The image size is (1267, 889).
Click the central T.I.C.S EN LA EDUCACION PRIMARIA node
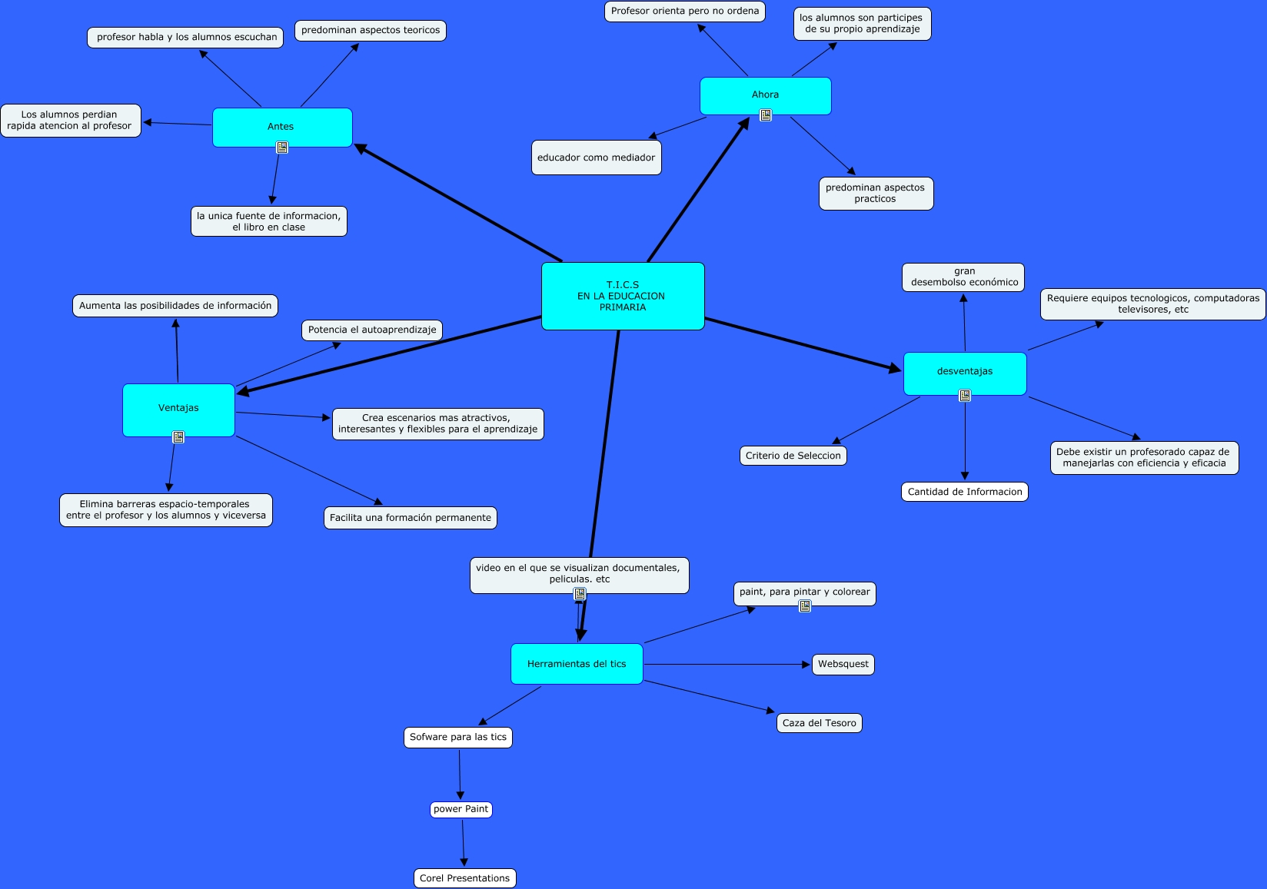click(623, 296)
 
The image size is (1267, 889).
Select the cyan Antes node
click(282, 127)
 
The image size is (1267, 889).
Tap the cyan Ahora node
click(765, 95)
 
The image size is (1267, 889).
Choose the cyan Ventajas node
click(178, 409)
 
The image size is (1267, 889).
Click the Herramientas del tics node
click(577, 664)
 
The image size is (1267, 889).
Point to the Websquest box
click(843, 664)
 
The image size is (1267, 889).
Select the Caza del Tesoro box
click(819, 723)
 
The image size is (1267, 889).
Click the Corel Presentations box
click(464, 878)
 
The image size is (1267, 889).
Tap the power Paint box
click(461, 809)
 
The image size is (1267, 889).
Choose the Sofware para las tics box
click(458, 737)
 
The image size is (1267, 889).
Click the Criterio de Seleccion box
click(793, 456)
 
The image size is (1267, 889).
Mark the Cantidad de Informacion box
click(965, 492)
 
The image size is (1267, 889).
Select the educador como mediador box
click(596, 158)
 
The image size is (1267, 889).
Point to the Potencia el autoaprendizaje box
click(372, 330)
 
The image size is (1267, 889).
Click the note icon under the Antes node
click(282, 148)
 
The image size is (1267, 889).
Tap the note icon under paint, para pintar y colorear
click(805, 606)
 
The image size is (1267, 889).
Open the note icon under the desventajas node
click(965, 396)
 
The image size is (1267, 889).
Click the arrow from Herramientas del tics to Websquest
click(727, 664)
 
